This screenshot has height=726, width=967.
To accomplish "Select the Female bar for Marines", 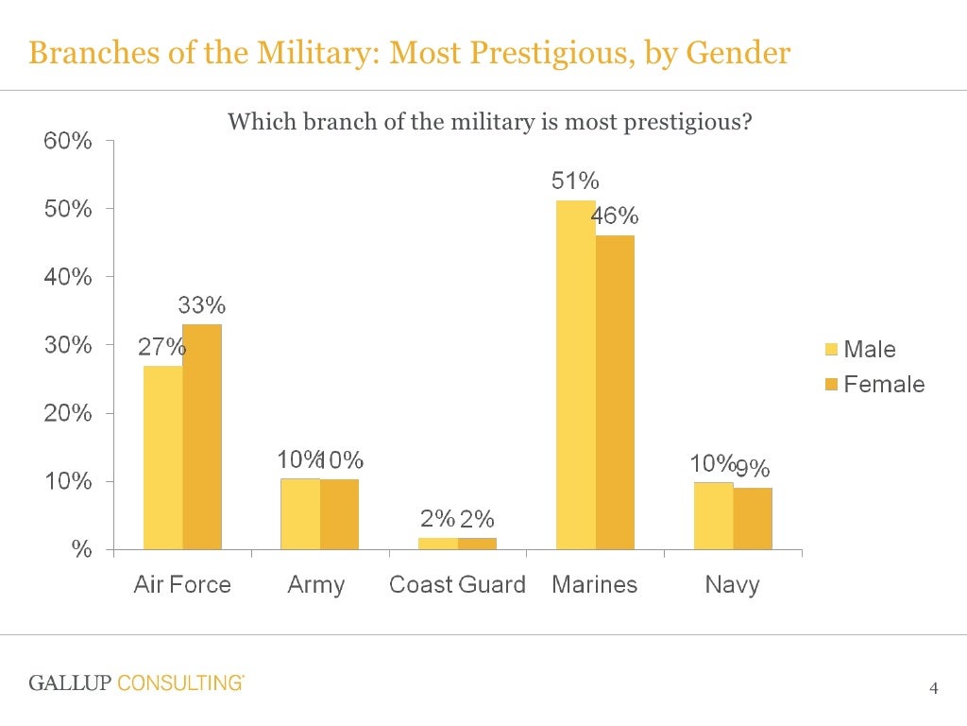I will click(615, 391).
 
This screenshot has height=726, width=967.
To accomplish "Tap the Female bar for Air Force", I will click(202, 436).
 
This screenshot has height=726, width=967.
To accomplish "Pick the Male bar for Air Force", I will click(162, 457).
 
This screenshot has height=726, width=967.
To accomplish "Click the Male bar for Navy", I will click(713, 515).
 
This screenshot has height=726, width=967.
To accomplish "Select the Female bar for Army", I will click(339, 514).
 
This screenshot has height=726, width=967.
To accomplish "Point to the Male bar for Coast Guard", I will click(437, 544).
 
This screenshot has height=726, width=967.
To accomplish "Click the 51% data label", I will click(575, 181).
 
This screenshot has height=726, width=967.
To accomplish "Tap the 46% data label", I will click(615, 216).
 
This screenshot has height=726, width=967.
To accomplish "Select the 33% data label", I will click(202, 305).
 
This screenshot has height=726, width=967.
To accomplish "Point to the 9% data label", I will click(754, 469).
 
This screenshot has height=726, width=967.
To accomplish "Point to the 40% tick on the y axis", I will click(69, 277).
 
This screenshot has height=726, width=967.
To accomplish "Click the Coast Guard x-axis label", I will click(457, 585).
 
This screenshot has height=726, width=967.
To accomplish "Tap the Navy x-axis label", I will click(732, 585).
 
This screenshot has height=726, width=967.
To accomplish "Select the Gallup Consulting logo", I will click(136, 683).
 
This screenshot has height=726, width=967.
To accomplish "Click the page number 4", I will click(934, 687).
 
